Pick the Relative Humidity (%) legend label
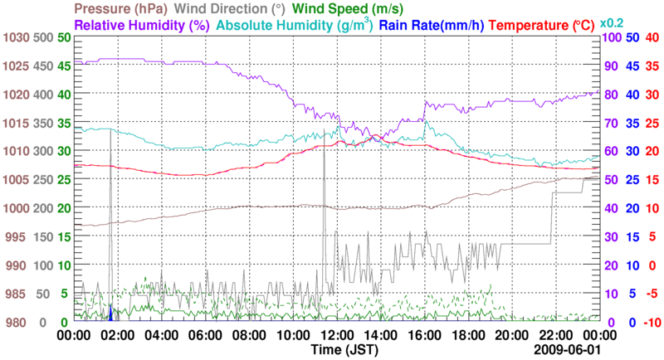click(145, 25)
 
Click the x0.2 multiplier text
click(613, 22)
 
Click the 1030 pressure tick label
click(16, 38)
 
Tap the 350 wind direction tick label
click(42, 124)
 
